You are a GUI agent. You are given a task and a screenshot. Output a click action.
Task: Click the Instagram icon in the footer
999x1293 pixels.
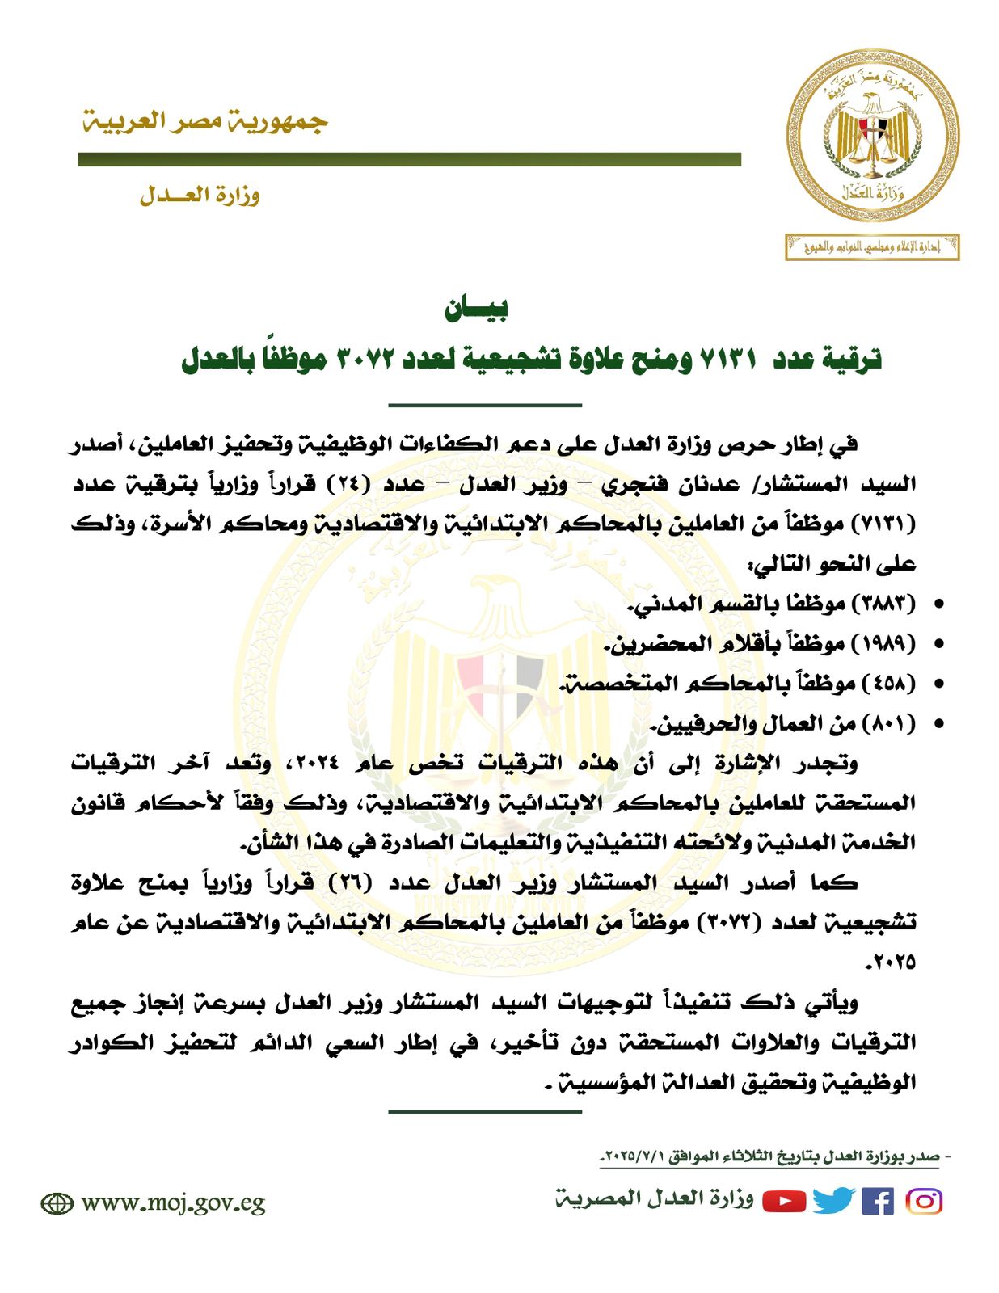[925, 1201]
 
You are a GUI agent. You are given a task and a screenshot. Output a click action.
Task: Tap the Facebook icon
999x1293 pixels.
[878, 1201]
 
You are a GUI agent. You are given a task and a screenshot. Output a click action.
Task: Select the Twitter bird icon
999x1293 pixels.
[833, 1201]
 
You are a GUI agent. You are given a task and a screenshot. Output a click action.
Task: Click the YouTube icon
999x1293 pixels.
[784, 1201]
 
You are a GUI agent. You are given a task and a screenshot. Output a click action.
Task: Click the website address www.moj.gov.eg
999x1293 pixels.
[173, 1203]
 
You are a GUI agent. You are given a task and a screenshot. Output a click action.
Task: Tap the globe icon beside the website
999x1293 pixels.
[57, 1203]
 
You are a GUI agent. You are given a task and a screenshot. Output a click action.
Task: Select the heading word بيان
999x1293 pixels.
[476, 308]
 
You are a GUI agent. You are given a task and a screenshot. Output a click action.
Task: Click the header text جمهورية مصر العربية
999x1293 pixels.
[205, 122]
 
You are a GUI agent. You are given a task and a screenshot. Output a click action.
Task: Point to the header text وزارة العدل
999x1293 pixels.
[200, 195]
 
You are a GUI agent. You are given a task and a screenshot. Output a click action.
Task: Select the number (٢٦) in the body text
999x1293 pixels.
[350, 882]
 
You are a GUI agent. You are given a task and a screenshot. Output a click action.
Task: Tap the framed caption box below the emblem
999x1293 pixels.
[872, 247]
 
